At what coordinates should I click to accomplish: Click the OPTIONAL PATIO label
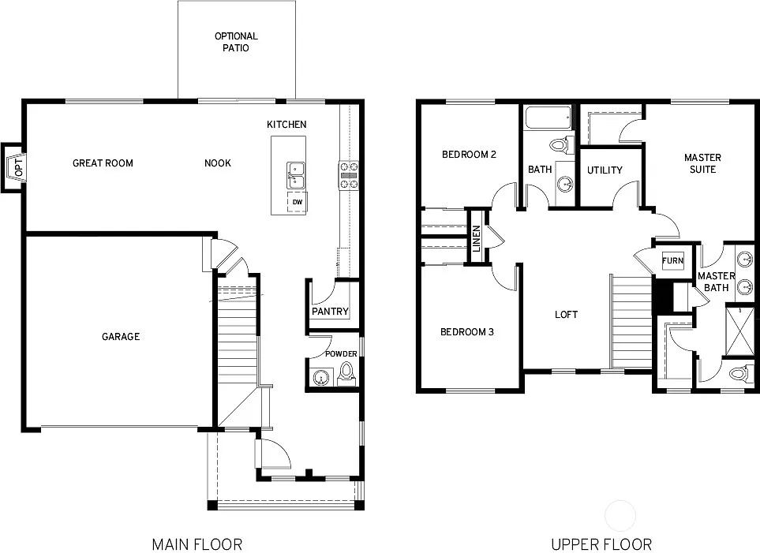coord(236,42)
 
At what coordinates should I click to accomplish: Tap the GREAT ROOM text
coord(103,163)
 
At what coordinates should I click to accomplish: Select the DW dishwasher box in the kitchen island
coord(298,202)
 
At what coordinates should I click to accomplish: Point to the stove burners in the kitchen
coord(349,175)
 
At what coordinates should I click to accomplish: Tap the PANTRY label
coord(330,312)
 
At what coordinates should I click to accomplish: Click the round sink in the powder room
coord(319,379)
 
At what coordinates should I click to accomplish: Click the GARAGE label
coord(121,337)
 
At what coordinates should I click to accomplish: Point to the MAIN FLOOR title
coord(197,544)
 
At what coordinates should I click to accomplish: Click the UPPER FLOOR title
coord(602,544)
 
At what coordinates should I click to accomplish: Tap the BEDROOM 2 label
coord(469,155)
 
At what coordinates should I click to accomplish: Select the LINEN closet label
coord(477,238)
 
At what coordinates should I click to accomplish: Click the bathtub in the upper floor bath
coord(547,121)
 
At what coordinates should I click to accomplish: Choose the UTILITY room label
coord(605,170)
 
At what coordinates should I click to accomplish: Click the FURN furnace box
coord(672,261)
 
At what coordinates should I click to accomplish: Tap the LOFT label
coord(566,314)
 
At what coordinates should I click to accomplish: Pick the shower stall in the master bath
coord(739,326)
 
